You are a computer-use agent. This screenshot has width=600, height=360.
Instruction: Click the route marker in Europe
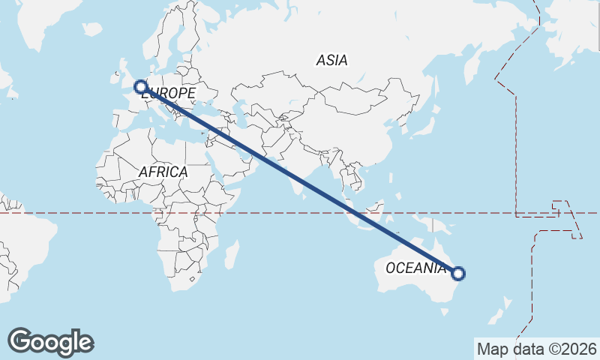click(139, 86)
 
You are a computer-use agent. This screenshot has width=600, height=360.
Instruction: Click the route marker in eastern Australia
click(458, 274)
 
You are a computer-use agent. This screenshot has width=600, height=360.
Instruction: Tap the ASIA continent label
click(331, 61)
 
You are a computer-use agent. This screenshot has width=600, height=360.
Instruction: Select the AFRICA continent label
click(163, 172)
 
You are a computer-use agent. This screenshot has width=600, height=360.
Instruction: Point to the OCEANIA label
click(415, 268)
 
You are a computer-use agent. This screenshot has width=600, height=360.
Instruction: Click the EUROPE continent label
click(169, 94)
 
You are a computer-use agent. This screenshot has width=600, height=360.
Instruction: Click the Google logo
click(50, 342)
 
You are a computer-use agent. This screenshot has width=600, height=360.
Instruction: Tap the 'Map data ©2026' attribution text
click(536, 349)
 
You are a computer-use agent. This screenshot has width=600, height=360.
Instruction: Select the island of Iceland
click(91, 29)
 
